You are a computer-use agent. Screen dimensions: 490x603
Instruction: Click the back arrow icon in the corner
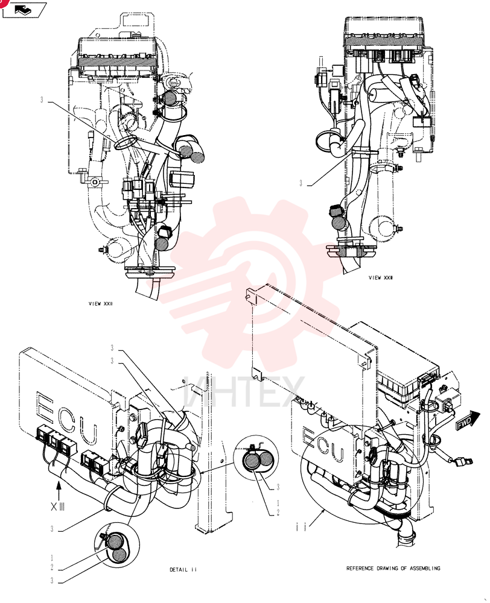click(24, 10)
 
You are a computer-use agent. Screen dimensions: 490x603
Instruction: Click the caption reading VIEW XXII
click(101, 304)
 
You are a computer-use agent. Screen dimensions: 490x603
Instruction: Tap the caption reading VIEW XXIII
click(381, 277)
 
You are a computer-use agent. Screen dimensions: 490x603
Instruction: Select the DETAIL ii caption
click(183, 570)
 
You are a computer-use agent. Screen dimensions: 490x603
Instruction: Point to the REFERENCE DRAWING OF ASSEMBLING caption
click(393, 568)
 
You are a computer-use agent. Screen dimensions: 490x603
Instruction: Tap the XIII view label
click(58, 507)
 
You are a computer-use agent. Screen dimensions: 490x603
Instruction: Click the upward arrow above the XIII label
click(59, 490)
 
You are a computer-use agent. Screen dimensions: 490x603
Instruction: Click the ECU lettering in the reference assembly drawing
click(323, 444)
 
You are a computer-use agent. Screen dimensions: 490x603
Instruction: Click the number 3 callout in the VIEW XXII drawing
click(42, 100)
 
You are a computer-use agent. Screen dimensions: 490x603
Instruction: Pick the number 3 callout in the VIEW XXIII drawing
click(301, 184)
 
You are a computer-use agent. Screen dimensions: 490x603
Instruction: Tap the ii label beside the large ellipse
click(301, 528)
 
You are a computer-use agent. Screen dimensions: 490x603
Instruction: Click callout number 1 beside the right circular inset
click(278, 503)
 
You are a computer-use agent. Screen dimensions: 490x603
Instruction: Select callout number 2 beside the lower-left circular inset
click(52, 567)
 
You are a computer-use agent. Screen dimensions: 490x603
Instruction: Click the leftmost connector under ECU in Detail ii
click(42, 433)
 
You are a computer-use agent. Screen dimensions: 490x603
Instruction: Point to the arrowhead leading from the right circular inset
click(203, 471)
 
